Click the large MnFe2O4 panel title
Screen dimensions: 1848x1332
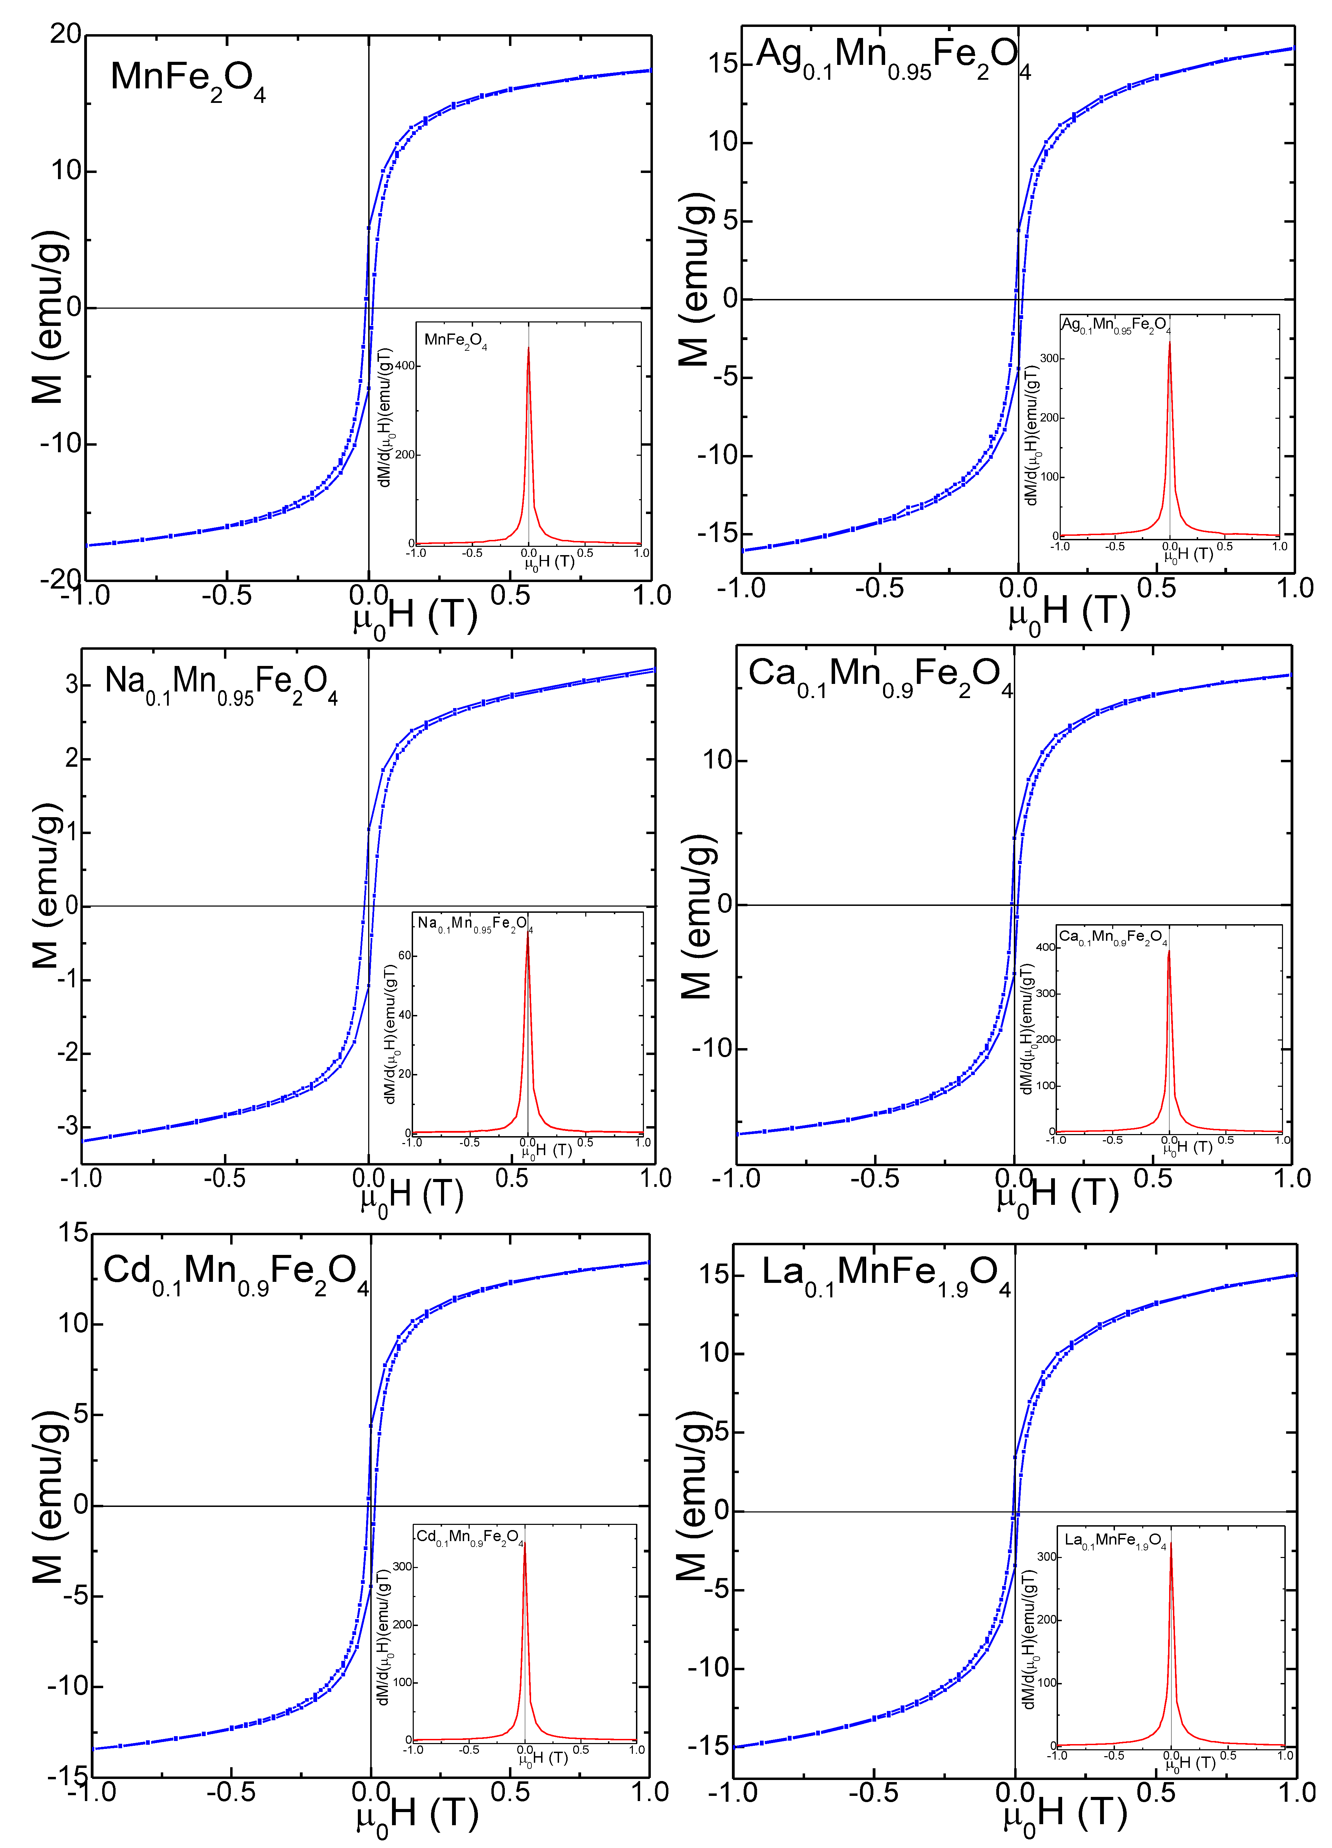[187, 79]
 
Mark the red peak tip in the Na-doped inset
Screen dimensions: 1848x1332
[527, 933]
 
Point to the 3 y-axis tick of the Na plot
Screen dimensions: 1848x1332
[72, 685]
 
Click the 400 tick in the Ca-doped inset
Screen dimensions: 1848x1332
[1045, 947]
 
